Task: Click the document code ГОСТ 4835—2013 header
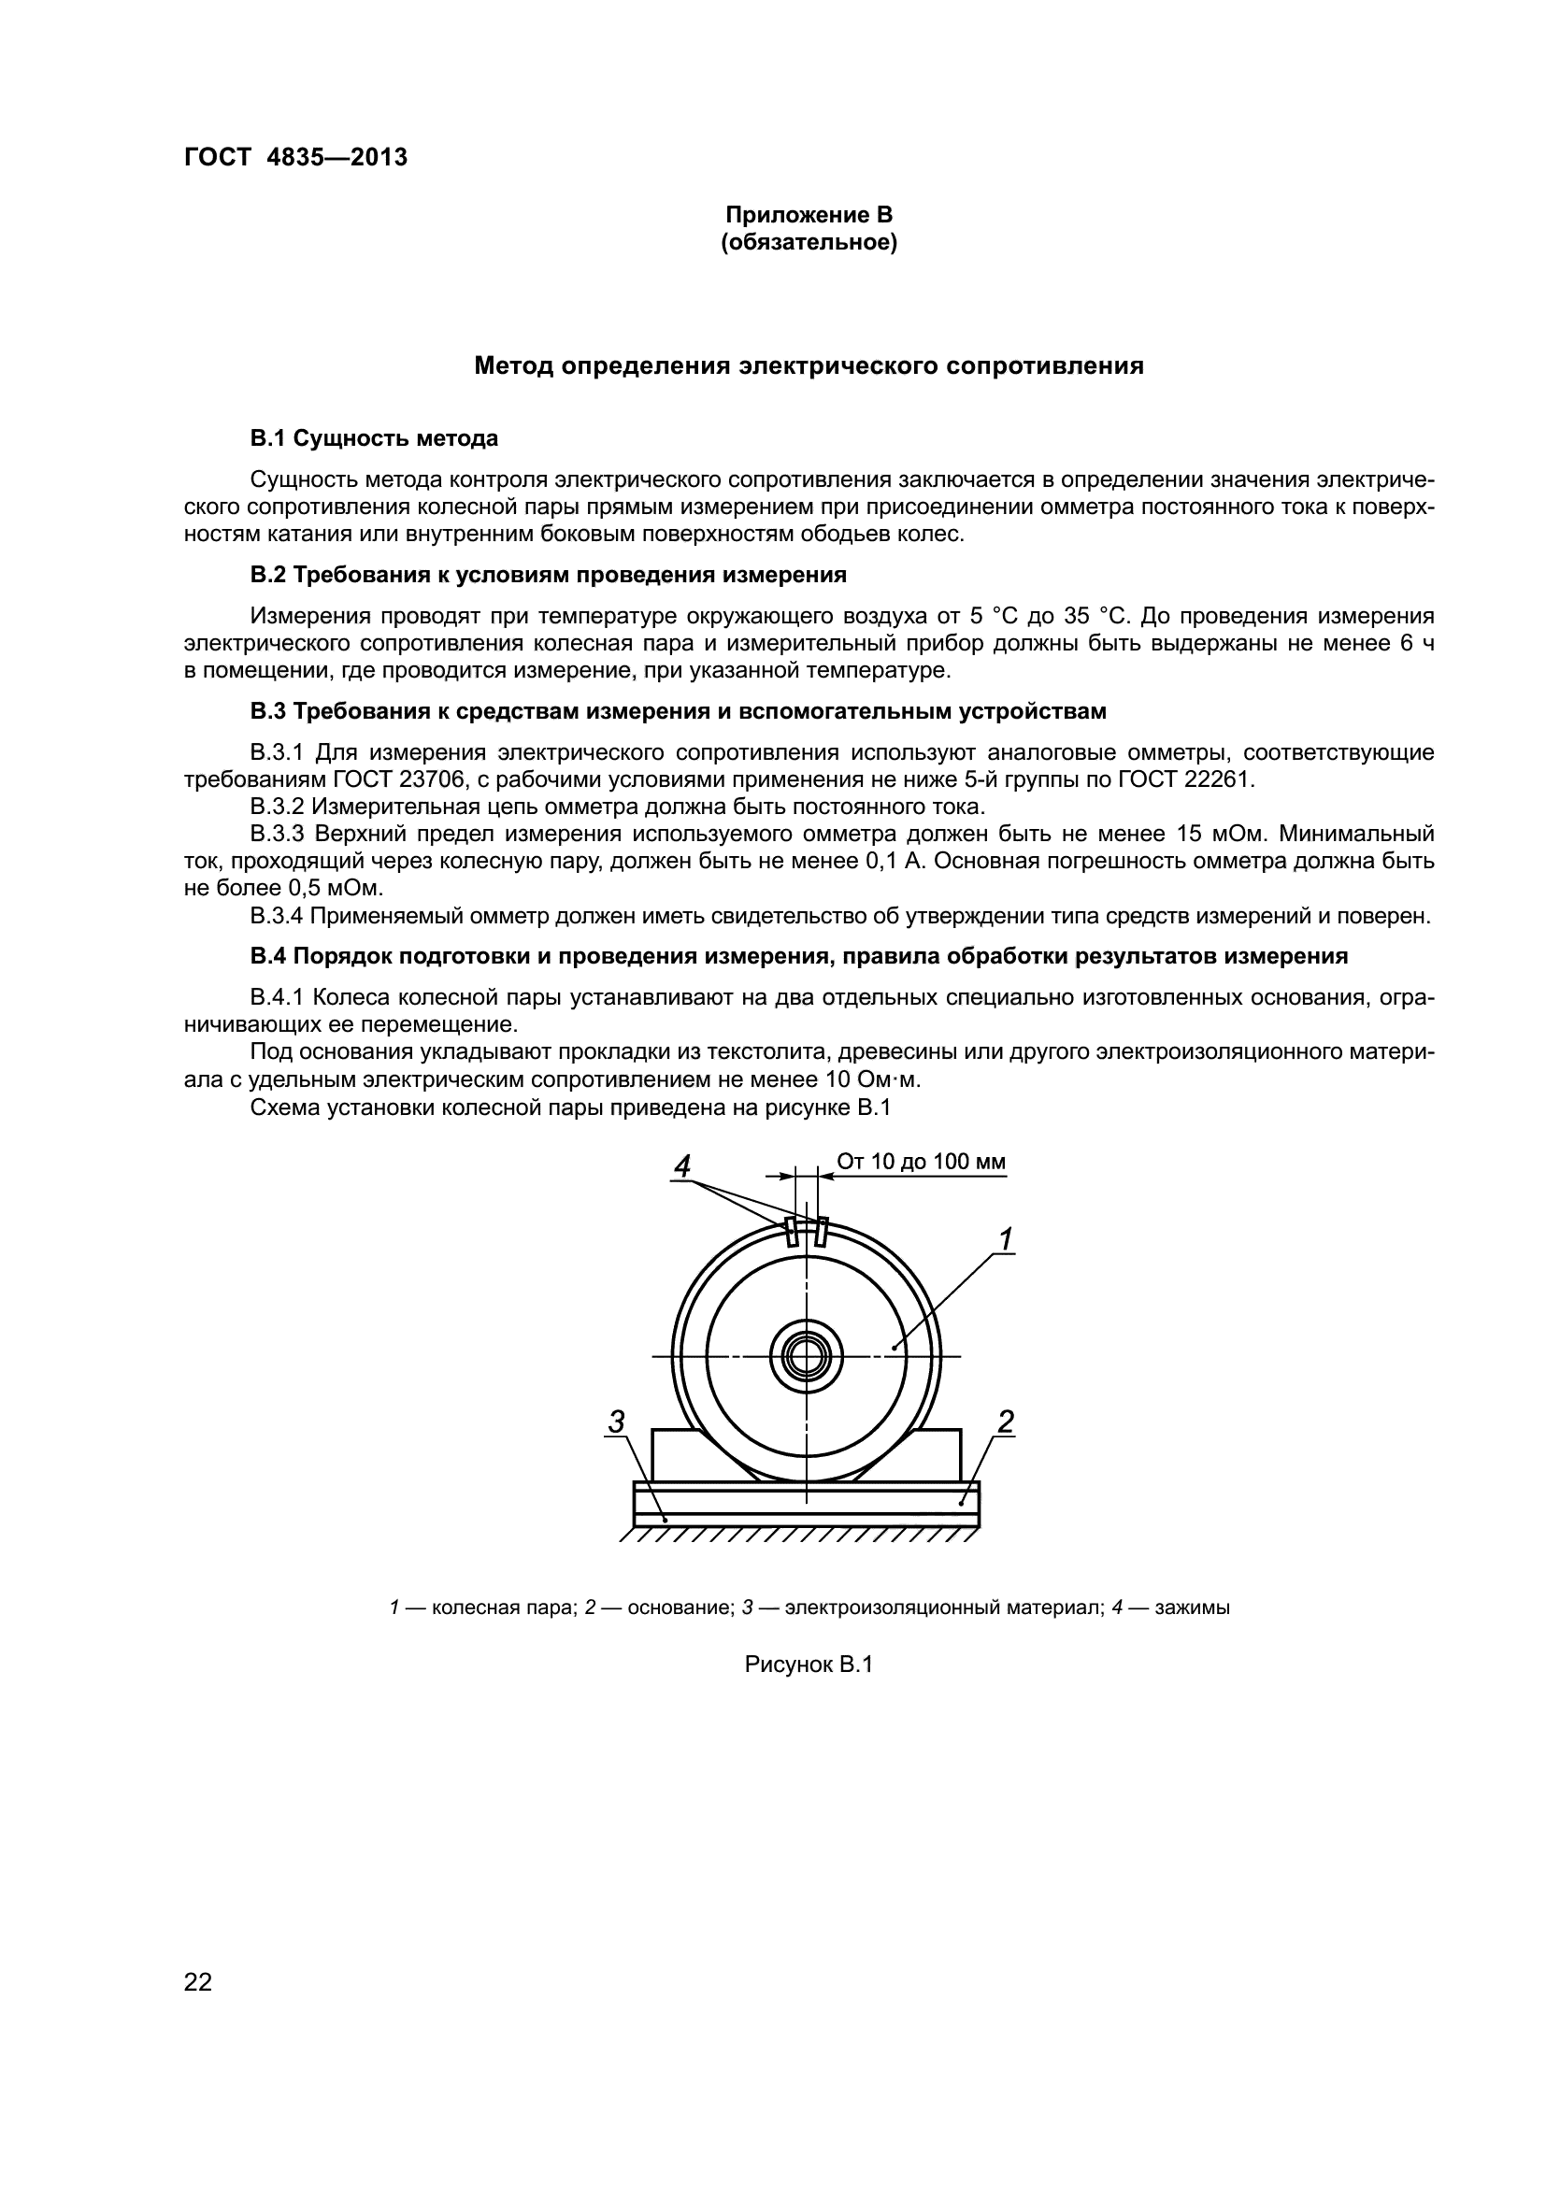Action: tap(295, 157)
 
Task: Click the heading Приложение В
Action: tap(809, 215)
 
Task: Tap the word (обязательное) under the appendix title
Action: tap(809, 244)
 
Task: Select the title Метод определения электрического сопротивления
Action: tap(809, 366)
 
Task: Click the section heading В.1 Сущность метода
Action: tap(374, 439)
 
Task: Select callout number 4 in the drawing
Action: tap(681, 1165)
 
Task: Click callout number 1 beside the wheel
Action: tap(1006, 1238)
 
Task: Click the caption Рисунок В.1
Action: tap(809, 1665)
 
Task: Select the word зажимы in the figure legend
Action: tap(1192, 1608)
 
